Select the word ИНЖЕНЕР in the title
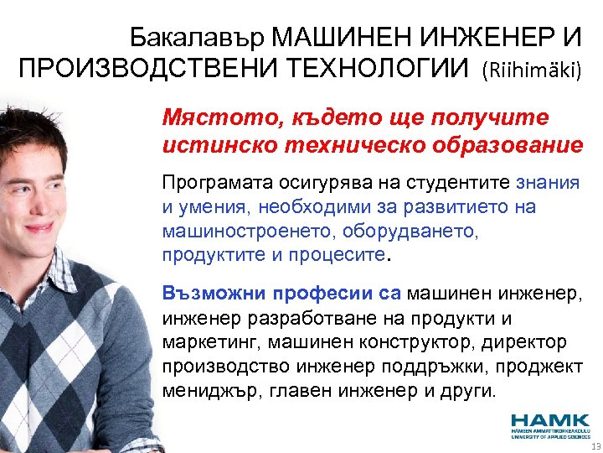(x=461, y=39)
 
